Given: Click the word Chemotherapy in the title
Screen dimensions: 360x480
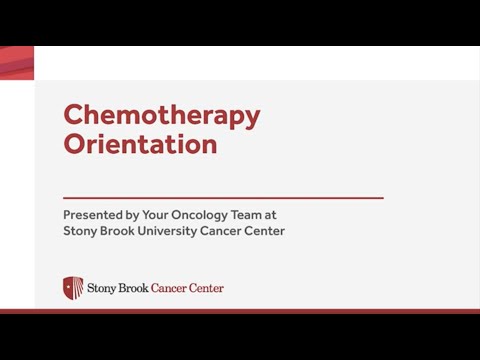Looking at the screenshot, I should (x=161, y=115).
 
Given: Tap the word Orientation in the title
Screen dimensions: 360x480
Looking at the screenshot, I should (x=140, y=144).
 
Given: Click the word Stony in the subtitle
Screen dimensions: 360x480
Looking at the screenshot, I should (x=81, y=231).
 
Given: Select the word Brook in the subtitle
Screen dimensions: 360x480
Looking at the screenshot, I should (x=123, y=231).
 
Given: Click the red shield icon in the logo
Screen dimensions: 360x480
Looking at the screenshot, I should (x=73, y=288).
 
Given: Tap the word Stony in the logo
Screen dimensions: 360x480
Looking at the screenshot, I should (x=102, y=289).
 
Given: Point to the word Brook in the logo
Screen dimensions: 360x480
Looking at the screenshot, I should (x=134, y=289).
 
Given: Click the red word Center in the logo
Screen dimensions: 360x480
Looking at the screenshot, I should (x=207, y=289).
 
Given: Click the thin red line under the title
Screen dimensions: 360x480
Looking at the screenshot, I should (x=223, y=198).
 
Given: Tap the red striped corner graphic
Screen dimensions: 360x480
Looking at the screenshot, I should (x=17, y=62).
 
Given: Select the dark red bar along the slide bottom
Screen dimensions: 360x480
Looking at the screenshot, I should (x=240, y=311).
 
